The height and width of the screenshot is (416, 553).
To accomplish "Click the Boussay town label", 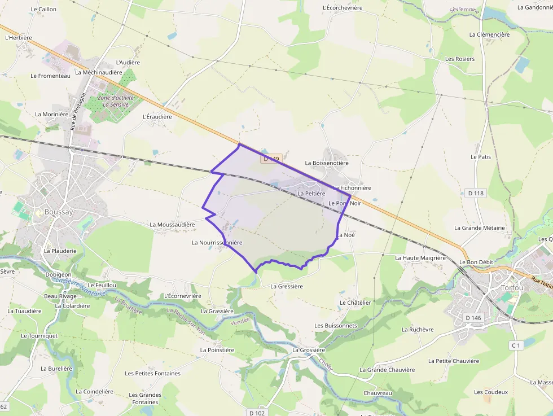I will click(59, 212).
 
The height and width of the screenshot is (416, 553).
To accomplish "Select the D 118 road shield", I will click(476, 193).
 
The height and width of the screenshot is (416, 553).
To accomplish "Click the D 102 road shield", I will click(257, 413).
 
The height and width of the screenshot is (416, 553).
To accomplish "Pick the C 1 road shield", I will click(515, 345).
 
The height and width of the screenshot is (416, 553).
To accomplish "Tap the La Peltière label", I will click(311, 193).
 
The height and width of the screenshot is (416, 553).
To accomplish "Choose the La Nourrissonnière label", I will click(217, 243).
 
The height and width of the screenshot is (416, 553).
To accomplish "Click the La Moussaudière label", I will click(172, 224).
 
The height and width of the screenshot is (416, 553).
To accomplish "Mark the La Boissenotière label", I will click(327, 163).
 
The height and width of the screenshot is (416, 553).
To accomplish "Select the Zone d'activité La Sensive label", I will click(116, 101).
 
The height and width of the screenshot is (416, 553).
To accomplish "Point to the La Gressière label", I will click(287, 286).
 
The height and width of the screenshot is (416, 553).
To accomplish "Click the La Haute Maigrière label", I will click(420, 258).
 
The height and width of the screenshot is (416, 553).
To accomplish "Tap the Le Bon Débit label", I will click(476, 262).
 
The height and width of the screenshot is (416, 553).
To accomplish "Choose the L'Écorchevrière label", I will click(343, 8).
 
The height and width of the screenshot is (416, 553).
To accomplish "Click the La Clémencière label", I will click(489, 34).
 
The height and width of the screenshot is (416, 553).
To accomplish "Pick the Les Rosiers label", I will click(460, 59).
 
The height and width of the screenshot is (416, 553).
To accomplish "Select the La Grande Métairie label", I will click(480, 228).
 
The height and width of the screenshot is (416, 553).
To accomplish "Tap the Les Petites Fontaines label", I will click(153, 373).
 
